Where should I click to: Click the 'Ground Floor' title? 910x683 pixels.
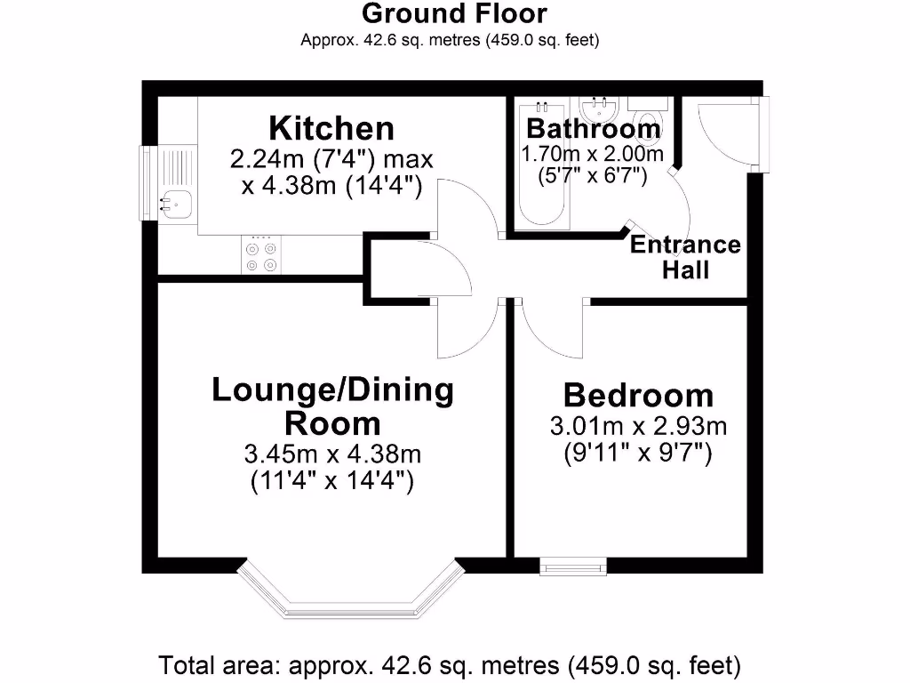454,14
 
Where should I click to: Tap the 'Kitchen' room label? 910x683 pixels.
331,128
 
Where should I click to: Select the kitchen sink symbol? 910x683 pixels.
174,204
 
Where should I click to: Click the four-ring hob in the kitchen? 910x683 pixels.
260,254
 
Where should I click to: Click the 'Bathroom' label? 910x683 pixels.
594,128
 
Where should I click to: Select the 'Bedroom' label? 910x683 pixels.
638,395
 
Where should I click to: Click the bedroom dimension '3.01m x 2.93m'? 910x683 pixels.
638,426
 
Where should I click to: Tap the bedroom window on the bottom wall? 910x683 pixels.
573,565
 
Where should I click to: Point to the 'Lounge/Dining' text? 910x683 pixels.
332,390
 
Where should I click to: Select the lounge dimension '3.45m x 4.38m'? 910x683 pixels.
332,454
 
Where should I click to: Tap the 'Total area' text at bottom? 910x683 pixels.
450,664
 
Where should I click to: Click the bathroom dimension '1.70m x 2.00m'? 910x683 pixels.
593,154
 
